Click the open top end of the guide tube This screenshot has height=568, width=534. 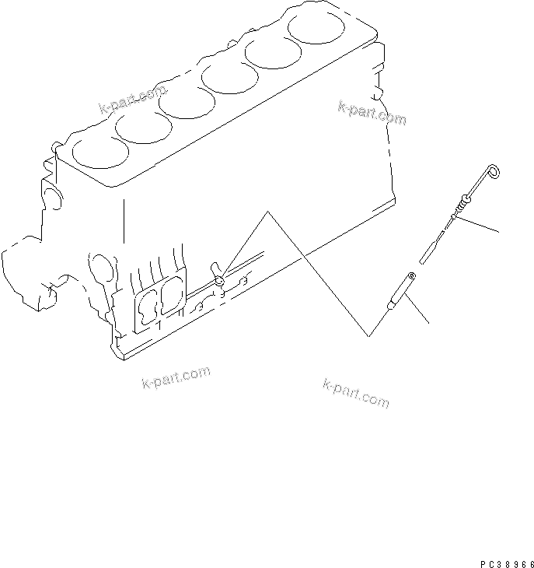pos(412,275)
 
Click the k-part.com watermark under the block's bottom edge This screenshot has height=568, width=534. pos(176,379)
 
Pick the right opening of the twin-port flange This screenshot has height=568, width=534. pos(170,296)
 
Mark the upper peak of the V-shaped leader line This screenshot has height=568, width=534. pos(269,211)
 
